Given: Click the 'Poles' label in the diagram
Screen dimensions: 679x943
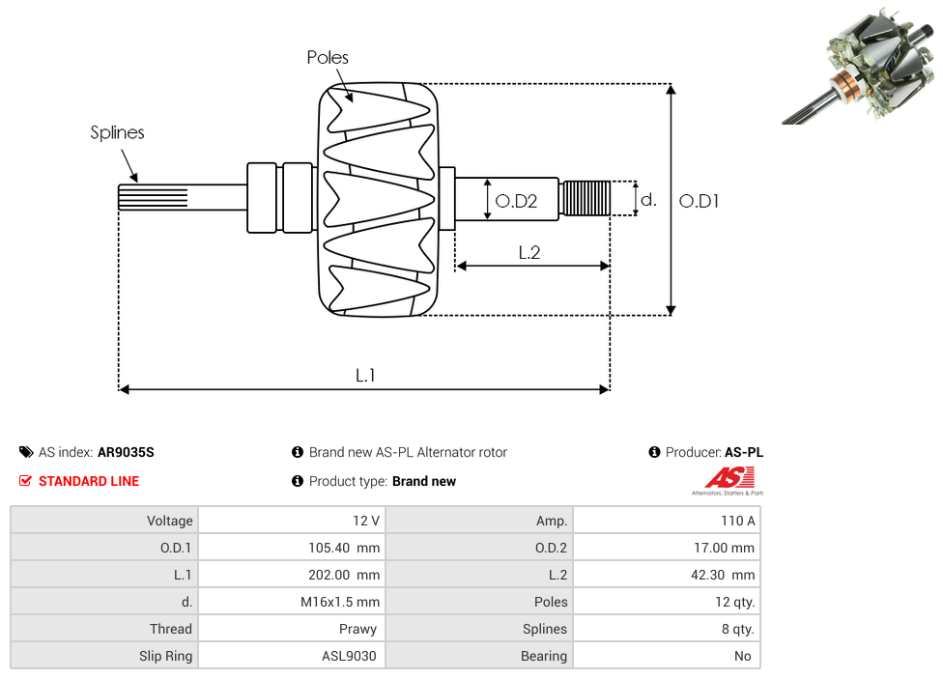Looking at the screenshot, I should click(328, 58).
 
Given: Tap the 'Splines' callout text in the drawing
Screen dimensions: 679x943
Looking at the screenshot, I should click(117, 133).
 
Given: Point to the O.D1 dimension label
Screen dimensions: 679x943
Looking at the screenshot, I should click(700, 202).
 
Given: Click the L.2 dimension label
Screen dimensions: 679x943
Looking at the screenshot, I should click(529, 253).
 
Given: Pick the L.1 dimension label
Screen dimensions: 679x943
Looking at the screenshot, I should click(364, 376).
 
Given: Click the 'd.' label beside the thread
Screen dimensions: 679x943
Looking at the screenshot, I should click(648, 200).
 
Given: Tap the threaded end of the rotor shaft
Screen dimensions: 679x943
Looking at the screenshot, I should click(586, 198).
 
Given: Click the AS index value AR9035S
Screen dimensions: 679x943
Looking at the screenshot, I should click(126, 452).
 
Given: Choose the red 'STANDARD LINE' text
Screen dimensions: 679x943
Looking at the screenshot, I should click(89, 481).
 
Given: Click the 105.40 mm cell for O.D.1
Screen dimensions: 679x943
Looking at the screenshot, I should click(337, 548).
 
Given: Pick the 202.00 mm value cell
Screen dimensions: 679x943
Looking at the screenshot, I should click(337, 575).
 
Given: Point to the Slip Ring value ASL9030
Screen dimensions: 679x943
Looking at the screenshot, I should click(349, 656).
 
